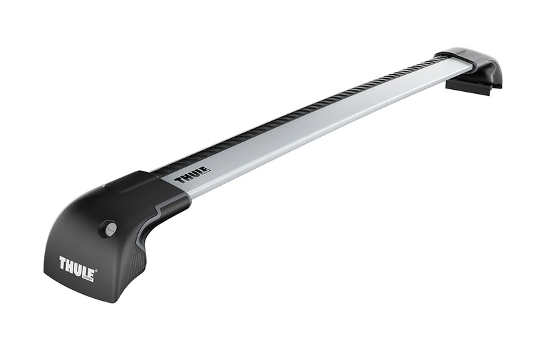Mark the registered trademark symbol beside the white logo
97,272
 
